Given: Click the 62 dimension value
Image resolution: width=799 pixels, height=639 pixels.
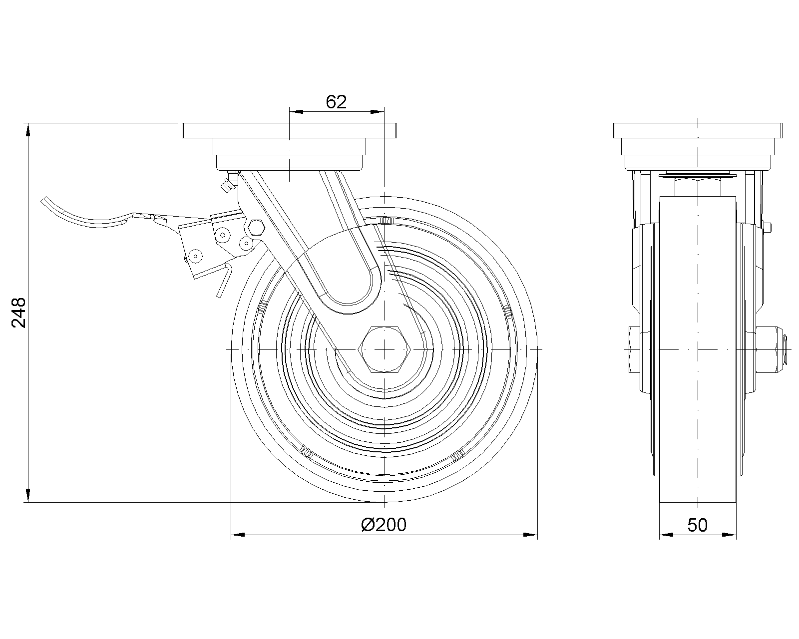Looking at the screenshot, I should point(336,102).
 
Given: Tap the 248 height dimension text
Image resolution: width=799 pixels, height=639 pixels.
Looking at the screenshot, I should point(19,313).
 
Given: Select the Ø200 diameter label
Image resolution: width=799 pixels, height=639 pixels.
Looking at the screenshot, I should point(383,525).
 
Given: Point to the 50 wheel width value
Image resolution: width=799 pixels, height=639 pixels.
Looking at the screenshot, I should point(698,525).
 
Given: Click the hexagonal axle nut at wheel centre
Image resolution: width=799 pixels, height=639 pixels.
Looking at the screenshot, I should point(384,350).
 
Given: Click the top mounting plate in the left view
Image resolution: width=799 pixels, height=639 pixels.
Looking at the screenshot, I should point(290,131).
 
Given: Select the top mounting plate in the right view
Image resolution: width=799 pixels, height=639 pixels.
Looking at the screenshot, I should point(698,131).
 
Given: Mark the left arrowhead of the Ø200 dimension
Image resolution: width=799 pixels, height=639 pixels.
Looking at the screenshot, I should point(238,535).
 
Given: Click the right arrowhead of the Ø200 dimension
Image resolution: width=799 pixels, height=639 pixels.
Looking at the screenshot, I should point(530,535).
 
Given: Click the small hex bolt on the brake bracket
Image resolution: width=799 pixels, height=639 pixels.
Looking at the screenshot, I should point(256,227).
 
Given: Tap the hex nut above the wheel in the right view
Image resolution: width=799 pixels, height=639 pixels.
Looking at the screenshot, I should point(698,187).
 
